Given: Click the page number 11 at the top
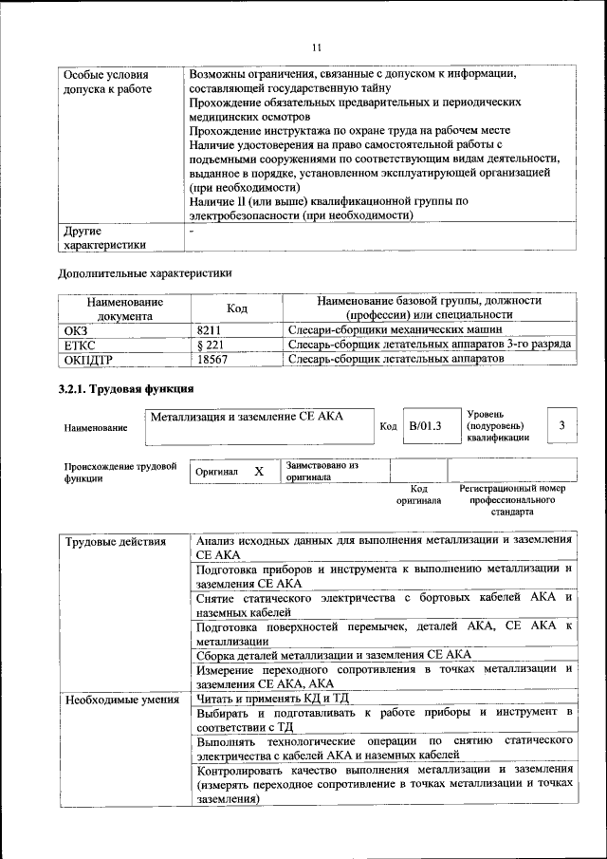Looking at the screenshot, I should [x=317, y=47].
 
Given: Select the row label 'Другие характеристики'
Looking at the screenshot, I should [x=104, y=237].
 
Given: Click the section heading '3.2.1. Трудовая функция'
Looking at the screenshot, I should [x=126, y=389].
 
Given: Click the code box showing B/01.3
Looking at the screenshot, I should [x=425, y=426].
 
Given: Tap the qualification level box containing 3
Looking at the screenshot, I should [x=562, y=425].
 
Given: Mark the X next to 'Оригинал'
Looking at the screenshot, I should [x=258, y=471].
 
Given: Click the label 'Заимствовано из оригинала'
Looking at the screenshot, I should [x=322, y=471].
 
